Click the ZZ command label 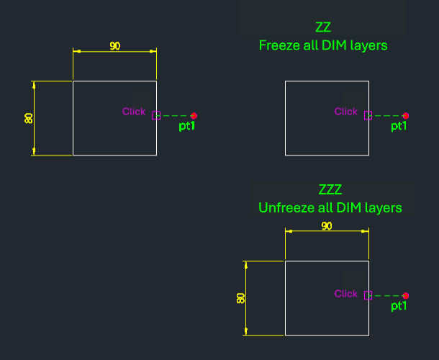coord(323,27)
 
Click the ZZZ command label coord(330,190)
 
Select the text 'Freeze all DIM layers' coord(323,45)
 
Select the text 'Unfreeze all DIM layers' coord(330,208)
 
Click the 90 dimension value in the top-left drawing coord(115,46)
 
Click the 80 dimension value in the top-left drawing coord(29,117)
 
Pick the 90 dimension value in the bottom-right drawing coord(327,226)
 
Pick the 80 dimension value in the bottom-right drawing coord(241,297)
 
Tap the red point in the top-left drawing coord(194,115)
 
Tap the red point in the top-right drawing coord(406,115)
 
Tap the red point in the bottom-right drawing coord(406,295)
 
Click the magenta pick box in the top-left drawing coord(156,115)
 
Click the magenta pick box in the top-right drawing coord(368,115)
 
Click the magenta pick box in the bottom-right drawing coord(368,295)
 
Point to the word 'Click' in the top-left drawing coord(134,112)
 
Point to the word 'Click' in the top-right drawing coord(346,112)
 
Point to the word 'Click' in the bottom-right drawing coord(346,294)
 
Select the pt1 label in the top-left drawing coord(187,127)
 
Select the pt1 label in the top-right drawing coord(399,127)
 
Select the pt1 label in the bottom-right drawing coord(399,307)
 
